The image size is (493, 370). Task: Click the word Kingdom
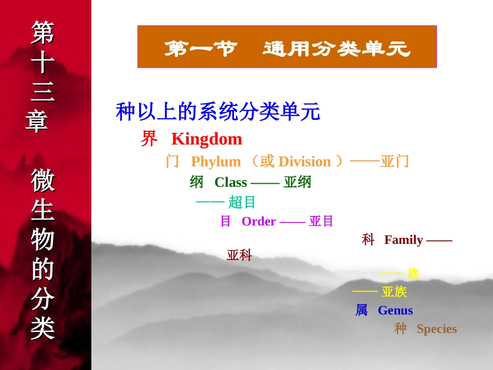pos(207,139)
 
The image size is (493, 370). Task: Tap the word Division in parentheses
pos(305,161)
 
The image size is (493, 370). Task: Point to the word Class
pos(231,182)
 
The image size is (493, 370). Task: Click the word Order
pos(259,221)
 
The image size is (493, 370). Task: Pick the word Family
pos(404,240)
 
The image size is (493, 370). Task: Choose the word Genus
pos(395,310)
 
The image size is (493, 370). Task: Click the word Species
pos(437,329)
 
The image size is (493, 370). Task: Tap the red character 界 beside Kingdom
pos(149,139)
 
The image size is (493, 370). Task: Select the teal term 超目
pos(241,202)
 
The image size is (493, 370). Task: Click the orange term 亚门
pos(394,161)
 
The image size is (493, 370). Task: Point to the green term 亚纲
pos(297,182)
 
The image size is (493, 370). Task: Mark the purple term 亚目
pos(321,221)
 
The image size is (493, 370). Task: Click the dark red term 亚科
pos(239,255)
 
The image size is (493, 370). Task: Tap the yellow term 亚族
pos(394,292)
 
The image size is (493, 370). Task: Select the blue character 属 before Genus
pos(362,310)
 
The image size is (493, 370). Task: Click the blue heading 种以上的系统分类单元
pos(218,112)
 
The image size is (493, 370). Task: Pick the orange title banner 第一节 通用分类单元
pos(287,47)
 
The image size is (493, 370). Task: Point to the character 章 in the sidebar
pos(37,121)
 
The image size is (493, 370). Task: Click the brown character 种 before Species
pos(400,329)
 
